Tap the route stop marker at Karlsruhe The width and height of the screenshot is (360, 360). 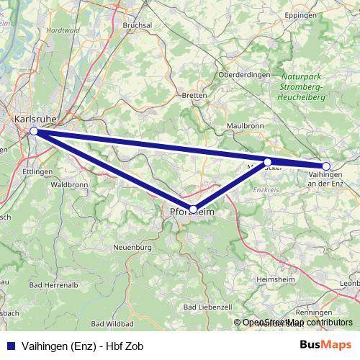point(34,131)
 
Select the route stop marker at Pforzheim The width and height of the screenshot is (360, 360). point(193,209)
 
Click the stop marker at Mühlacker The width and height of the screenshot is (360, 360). point(268,162)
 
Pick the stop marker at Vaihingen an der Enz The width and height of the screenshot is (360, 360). point(326,166)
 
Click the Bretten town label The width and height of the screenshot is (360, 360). point(194,95)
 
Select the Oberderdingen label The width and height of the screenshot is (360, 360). point(244,74)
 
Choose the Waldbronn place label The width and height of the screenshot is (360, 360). point(70,184)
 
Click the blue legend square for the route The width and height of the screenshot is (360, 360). point(8,346)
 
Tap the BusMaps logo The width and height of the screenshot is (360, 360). point(325,346)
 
